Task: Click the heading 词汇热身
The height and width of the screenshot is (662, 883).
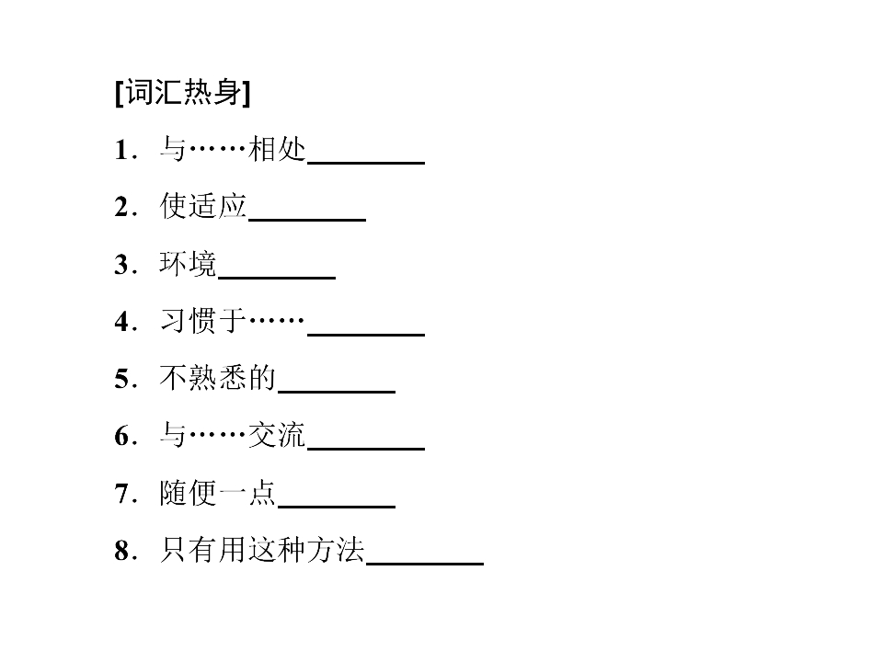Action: tap(182, 92)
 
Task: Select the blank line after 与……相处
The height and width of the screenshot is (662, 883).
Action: tap(366, 163)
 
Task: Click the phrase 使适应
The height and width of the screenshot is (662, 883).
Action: tap(203, 206)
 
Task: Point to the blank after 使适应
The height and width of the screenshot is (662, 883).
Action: tap(307, 220)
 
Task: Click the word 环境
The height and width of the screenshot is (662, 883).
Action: tap(188, 264)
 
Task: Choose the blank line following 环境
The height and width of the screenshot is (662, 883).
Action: tap(277, 277)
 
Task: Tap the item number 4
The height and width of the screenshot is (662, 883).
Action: tap(122, 322)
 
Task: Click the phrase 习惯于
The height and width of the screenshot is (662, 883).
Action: tap(203, 321)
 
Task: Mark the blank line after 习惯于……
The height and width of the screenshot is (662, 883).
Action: tap(366, 335)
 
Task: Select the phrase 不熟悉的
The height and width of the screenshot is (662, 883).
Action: tap(218, 378)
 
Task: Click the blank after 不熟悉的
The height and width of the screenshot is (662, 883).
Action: tap(337, 392)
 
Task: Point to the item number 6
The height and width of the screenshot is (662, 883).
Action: tap(122, 436)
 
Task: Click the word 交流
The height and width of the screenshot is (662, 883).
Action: tap(277, 435)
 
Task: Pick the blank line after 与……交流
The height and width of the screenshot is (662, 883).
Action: tap(366, 449)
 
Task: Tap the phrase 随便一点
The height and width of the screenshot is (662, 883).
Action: tap(218, 493)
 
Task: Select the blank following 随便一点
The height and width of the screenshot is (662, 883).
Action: tap(337, 506)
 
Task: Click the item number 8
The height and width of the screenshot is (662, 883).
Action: tap(122, 551)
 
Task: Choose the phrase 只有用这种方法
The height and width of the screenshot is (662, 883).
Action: tap(262, 550)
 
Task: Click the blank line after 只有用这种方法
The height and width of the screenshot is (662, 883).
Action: tap(425, 563)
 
